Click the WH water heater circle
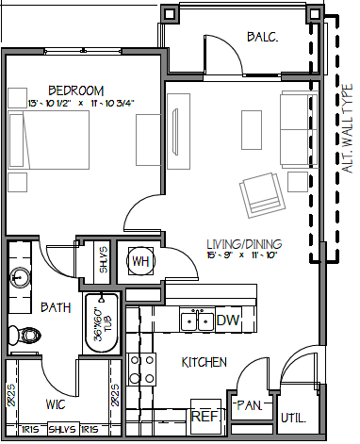click(x=141, y=261)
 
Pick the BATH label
click(x=56, y=307)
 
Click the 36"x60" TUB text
click(x=97, y=326)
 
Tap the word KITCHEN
click(x=205, y=362)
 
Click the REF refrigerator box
click(x=205, y=416)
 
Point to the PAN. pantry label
click(x=249, y=405)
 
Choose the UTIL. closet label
click(x=291, y=417)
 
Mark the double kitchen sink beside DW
click(x=197, y=321)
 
